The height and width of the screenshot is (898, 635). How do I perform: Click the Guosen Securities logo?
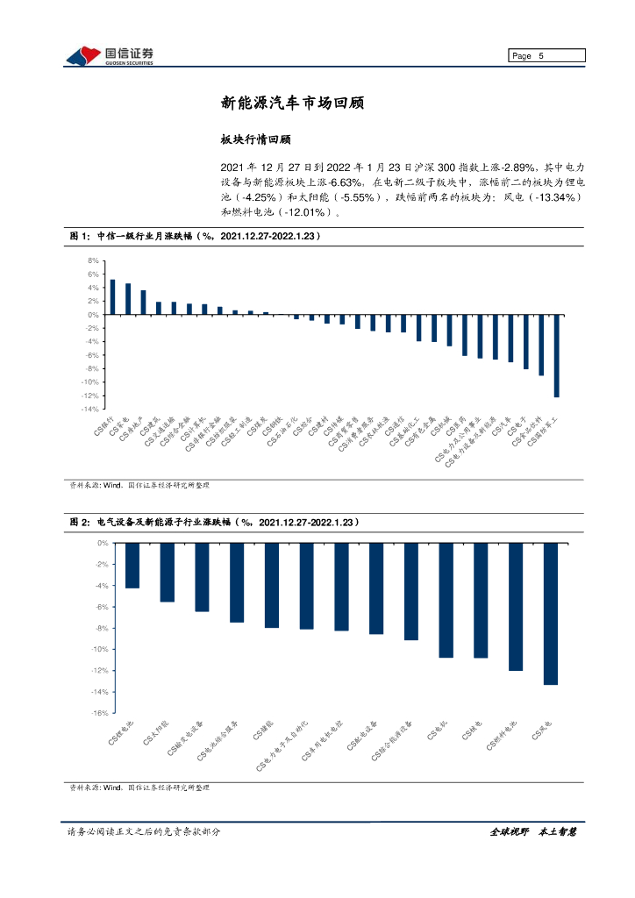click(111, 55)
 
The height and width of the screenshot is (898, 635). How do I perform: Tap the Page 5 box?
click(546, 56)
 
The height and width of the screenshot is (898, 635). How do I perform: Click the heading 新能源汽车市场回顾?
click(292, 103)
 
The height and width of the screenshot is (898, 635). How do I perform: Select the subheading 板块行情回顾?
click(254, 139)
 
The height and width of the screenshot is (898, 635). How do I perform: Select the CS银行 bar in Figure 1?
click(112, 297)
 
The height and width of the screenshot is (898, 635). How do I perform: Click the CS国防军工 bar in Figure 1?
click(556, 356)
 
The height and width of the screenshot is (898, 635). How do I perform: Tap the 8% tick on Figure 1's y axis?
click(92, 261)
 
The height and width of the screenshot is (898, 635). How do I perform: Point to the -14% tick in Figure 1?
click(90, 410)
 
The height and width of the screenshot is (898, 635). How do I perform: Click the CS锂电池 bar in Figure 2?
click(132, 566)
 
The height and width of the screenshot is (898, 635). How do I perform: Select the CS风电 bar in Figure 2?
click(551, 614)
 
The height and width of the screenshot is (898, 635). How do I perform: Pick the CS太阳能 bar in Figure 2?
click(167, 573)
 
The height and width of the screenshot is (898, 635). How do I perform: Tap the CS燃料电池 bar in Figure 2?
click(516, 607)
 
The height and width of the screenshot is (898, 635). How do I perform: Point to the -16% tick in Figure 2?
click(98, 713)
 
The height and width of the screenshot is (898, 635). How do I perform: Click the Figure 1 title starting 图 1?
click(195, 237)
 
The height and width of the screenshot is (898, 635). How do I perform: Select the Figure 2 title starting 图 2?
click(215, 522)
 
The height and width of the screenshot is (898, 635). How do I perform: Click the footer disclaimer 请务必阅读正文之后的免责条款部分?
click(143, 831)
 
